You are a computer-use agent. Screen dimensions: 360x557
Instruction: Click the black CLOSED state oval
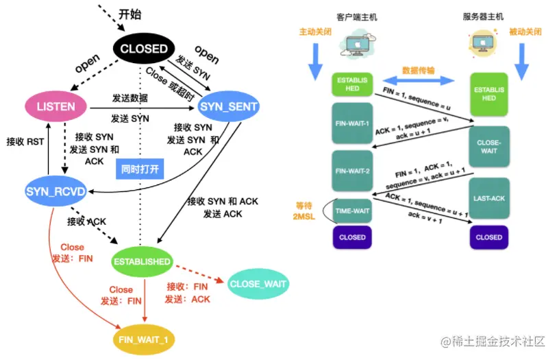(x=143, y=49)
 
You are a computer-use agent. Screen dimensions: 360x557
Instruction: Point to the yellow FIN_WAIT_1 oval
(x=144, y=338)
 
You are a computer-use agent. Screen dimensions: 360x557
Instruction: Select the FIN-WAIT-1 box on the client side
(x=351, y=123)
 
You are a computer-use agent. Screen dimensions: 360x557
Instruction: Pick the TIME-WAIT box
(x=353, y=211)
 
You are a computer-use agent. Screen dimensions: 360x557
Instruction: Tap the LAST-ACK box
(x=489, y=198)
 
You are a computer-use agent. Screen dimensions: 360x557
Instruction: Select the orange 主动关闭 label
(x=314, y=32)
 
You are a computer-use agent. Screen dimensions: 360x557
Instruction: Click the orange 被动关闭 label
(x=525, y=32)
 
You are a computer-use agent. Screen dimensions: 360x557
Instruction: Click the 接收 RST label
(x=25, y=141)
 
